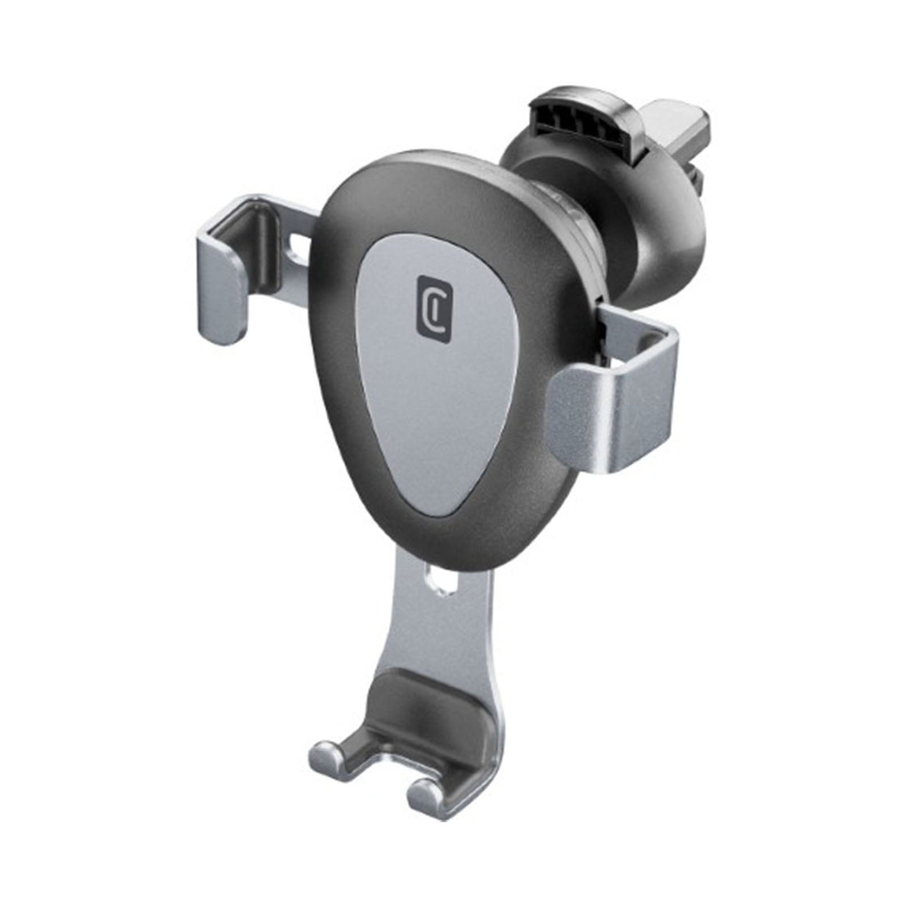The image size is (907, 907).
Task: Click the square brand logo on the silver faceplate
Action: tap(434, 309)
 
